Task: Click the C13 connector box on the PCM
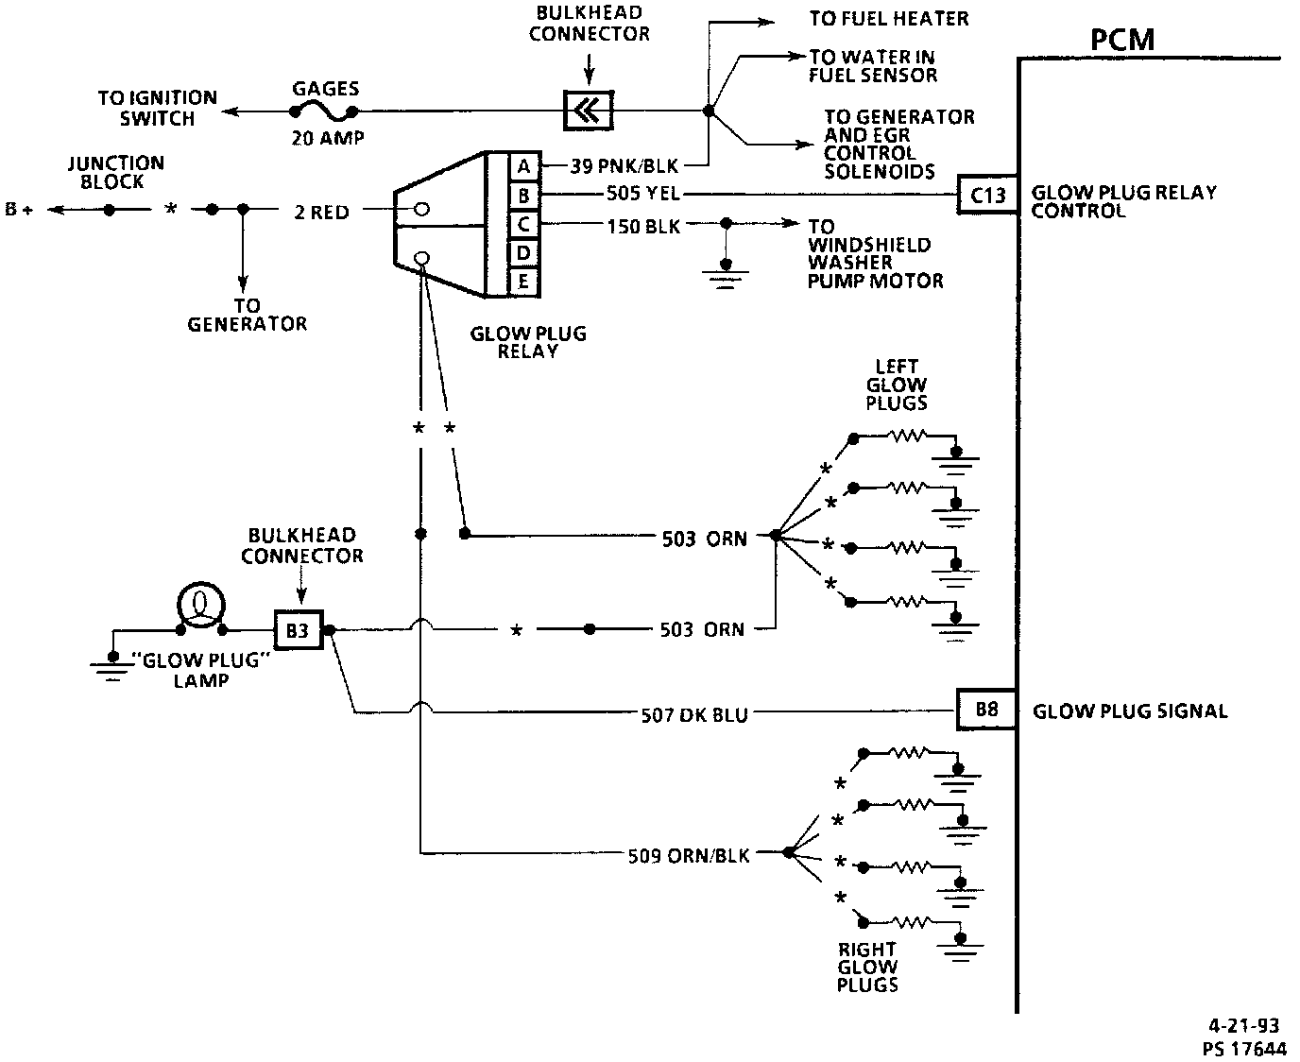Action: tap(987, 195)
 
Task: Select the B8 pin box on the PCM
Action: tap(986, 710)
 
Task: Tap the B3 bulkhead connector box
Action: tap(299, 630)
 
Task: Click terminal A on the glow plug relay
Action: tap(524, 165)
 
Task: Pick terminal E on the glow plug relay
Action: tap(523, 282)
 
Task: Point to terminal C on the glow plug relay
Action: tap(523, 224)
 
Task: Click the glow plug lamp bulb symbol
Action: tap(201, 606)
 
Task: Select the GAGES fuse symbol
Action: tap(324, 112)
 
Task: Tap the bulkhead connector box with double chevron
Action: tap(588, 111)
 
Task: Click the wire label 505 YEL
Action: tap(642, 194)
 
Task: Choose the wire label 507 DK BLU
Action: tap(694, 715)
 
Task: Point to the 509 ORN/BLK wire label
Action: tap(689, 855)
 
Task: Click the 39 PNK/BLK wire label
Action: tap(624, 165)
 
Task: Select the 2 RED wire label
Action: tap(322, 212)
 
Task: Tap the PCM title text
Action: tap(1121, 40)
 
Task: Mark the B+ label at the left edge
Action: tap(19, 209)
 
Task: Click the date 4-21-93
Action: tap(1244, 1025)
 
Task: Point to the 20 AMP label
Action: tap(327, 137)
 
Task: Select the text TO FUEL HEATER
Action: tap(889, 19)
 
